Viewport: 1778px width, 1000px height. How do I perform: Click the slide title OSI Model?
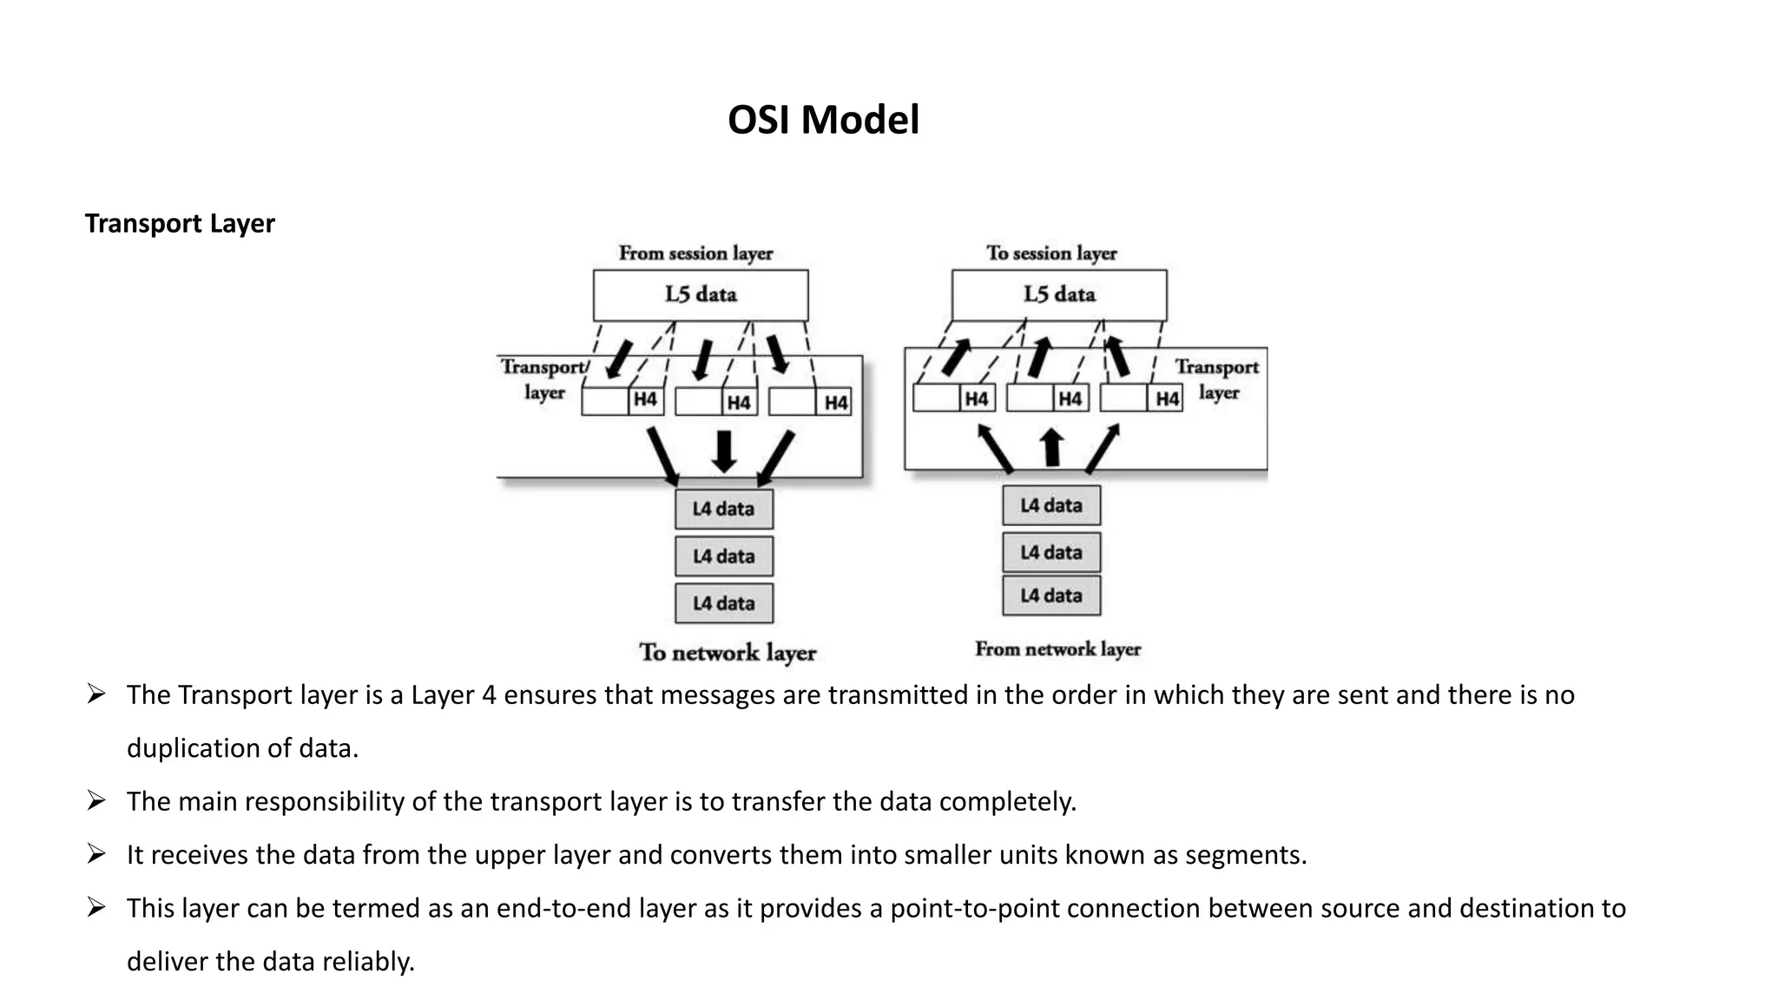(x=822, y=120)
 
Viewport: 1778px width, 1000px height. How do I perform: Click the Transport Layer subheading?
(x=180, y=223)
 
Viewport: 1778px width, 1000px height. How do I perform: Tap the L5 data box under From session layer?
(x=701, y=295)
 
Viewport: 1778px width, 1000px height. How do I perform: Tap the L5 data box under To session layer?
(x=1059, y=295)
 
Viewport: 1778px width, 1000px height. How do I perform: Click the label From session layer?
(x=695, y=253)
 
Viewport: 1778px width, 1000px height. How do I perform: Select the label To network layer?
(x=728, y=653)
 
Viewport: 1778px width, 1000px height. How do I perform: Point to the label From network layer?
(x=1057, y=649)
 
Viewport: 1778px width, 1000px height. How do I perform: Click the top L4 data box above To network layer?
(x=723, y=509)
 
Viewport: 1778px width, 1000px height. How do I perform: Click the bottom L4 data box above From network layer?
(x=1050, y=595)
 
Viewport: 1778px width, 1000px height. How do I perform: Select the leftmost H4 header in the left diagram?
(x=645, y=400)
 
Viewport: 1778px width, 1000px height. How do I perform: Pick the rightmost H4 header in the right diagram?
(x=1166, y=398)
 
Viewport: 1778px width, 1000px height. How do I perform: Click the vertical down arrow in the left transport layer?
(x=724, y=451)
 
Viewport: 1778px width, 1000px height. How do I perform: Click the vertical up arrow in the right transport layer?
(x=1051, y=447)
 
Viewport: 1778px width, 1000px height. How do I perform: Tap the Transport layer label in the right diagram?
(x=1217, y=379)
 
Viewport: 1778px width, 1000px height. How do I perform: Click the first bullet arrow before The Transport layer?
(x=96, y=694)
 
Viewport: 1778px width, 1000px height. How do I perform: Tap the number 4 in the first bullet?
(x=489, y=695)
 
